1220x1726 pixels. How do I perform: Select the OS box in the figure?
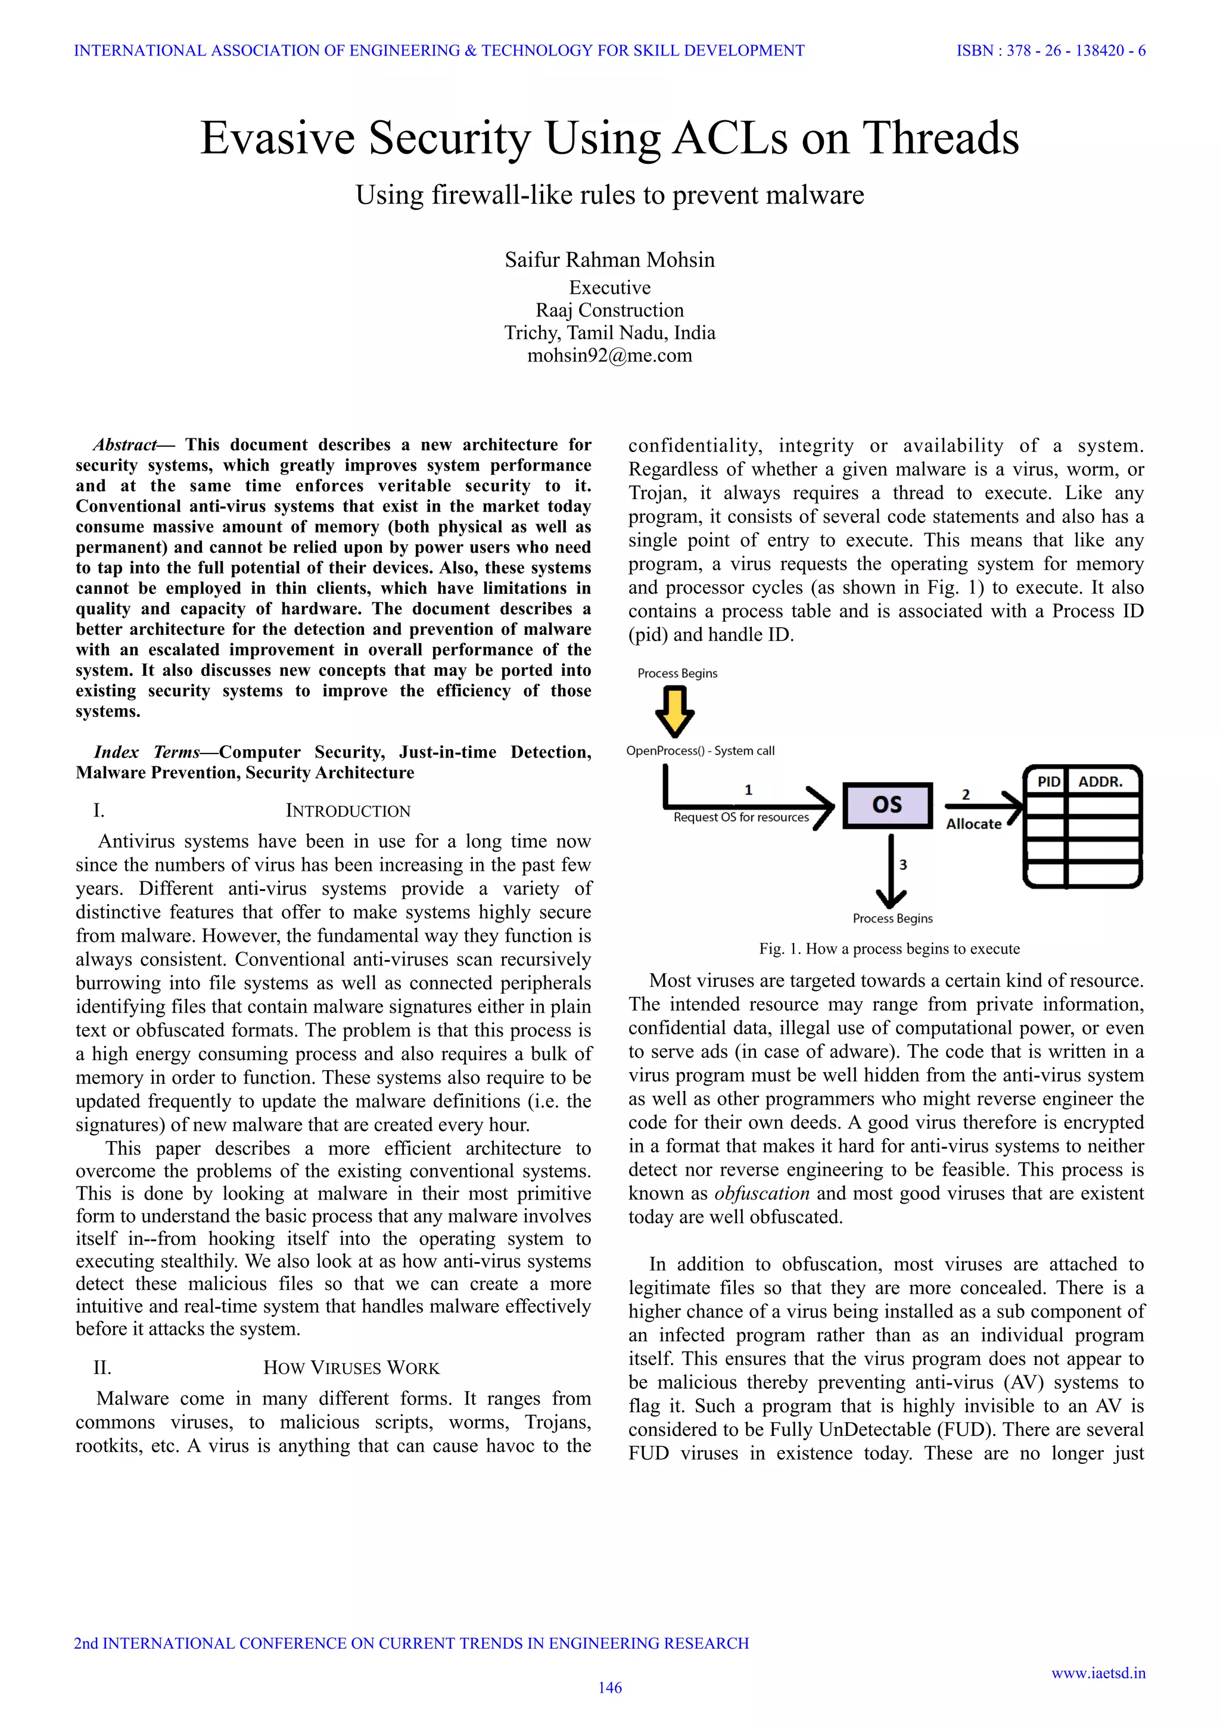point(887,805)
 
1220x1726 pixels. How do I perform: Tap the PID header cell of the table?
point(1048,782)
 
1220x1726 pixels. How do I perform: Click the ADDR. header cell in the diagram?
point(1100,782)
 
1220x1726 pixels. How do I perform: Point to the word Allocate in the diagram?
point(973,824)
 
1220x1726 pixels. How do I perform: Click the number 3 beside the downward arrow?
point(902,865)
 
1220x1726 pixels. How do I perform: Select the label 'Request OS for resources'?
point(740,818)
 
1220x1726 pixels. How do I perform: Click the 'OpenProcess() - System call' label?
point(700,750)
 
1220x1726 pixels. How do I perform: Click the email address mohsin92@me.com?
point(609,356)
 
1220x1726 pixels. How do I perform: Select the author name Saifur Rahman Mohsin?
point(609,260)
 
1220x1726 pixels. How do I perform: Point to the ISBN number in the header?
point(1051,51)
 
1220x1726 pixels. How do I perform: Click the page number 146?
point(609,1688)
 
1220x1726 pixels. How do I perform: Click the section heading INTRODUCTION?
point(348,811)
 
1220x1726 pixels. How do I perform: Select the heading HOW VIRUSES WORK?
point(351,1368)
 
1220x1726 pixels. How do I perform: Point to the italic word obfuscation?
point(761,1194)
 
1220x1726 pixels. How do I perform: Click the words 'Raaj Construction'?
point(609,310)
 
